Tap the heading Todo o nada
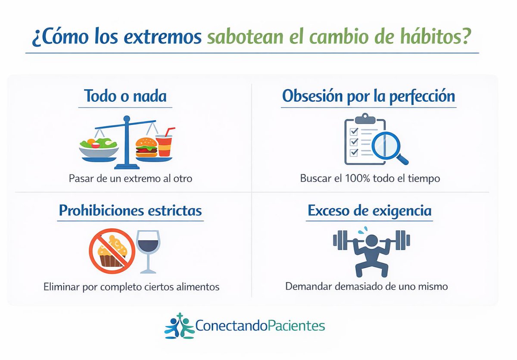pyautogui.click(x=125, y=95)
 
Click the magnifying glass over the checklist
pyautogui.click(x=386, y=147)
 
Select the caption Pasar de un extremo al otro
pyautogui.click(x=130, y=178)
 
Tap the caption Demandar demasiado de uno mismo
pyautogui.click(x=366, y=286)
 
